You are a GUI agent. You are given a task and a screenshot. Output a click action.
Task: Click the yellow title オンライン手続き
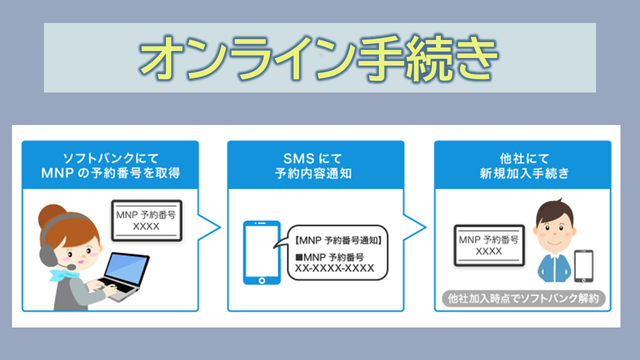pos(318,58)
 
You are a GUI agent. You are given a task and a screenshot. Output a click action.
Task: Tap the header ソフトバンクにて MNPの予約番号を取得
pos(110,166)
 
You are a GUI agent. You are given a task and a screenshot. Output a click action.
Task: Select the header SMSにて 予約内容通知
pos(313,166)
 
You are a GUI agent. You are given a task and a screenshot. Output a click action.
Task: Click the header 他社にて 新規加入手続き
pos(524,166)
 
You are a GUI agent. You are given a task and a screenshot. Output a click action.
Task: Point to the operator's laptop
pos(124,276)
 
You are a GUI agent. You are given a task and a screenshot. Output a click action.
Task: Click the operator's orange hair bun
pos(52,216)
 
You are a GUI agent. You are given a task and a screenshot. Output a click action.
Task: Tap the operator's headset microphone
pos(71,267)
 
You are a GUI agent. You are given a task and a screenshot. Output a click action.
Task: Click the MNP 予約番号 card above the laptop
pos(147,220)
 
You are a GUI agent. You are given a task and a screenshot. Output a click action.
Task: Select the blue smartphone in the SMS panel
pos(262,253)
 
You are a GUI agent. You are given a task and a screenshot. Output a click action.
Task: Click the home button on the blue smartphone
pos(262,280)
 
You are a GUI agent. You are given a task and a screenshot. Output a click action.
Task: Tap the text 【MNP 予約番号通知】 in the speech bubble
pos(338,240)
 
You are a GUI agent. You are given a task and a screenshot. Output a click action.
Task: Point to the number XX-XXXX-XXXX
pos(335,268)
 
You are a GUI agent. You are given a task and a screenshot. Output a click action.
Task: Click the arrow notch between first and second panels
pos(209,227)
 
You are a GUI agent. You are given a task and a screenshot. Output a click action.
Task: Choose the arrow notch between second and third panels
pos(415,227)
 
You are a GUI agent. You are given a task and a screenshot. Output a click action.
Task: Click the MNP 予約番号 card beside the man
pos(489,245)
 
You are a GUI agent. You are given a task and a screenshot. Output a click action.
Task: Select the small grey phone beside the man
pos(584,266)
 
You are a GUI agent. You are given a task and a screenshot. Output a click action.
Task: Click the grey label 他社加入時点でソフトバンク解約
pos(524,298)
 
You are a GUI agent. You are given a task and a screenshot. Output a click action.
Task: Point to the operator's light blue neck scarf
pos(63,275)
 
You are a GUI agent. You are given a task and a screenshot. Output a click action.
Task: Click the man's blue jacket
pos(555,268)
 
